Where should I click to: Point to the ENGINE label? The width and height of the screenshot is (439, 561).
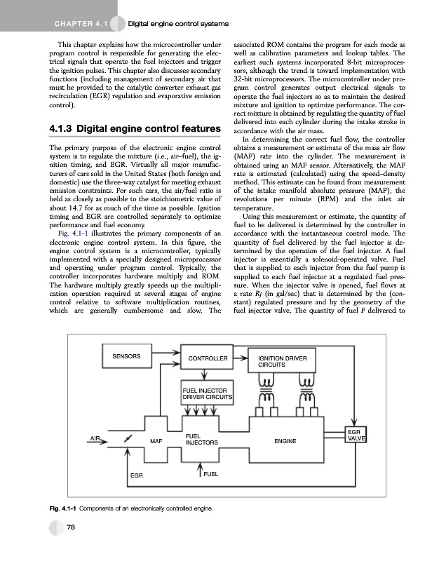point(285,441)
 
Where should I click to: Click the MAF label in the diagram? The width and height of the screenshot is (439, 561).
point(156,441)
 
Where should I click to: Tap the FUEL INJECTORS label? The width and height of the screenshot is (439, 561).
point(202,440)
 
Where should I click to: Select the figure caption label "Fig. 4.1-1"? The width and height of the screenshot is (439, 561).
point(65,508)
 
